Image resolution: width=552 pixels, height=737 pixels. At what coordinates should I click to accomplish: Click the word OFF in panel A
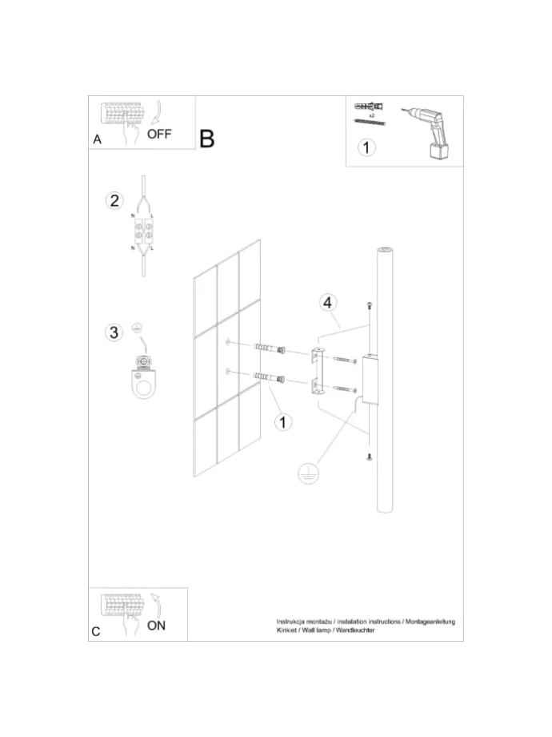(159, 134)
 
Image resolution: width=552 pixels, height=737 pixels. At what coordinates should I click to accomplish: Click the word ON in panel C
(156, 626)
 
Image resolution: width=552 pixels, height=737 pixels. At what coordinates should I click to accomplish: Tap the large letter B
(207, 139)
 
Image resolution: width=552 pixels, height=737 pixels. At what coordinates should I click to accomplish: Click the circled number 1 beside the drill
(366, 147)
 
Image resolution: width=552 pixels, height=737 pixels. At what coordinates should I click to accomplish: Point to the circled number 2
(114, 201)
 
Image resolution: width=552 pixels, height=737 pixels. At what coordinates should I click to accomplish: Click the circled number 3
(114, 332)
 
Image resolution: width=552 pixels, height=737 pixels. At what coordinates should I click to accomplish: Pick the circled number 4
(328, 302)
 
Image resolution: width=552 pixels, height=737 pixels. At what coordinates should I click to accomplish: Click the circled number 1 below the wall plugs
(282, 422)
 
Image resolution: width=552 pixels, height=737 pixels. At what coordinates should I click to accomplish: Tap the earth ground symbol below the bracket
(308, 473)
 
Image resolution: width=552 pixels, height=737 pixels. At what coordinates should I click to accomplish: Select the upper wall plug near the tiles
(270, 348)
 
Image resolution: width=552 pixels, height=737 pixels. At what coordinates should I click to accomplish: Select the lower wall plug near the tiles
(269, 377)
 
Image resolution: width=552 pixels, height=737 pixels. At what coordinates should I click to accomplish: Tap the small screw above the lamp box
(370, 305)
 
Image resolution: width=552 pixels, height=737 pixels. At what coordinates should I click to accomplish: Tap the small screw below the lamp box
(370, 456)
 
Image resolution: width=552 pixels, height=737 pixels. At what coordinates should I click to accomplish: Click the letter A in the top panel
(97, 139)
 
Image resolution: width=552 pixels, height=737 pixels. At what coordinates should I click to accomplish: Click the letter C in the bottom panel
(96, 631)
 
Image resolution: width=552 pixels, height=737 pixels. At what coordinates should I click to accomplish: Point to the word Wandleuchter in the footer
(355, 630)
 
